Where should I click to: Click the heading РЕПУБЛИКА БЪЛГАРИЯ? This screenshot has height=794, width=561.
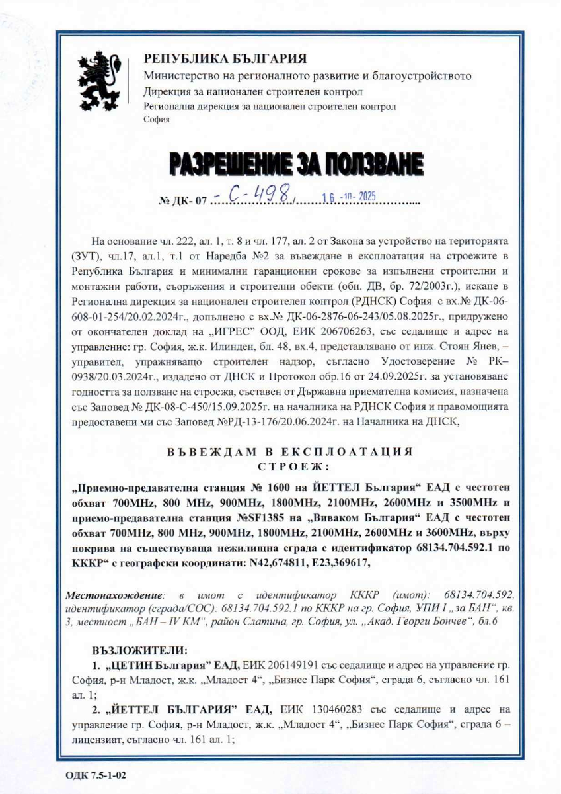(x=225, y=59)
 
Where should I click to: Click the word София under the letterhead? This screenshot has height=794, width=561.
(x=157, y=119)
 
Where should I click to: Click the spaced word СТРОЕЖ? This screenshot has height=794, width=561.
(x=289, y=467)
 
